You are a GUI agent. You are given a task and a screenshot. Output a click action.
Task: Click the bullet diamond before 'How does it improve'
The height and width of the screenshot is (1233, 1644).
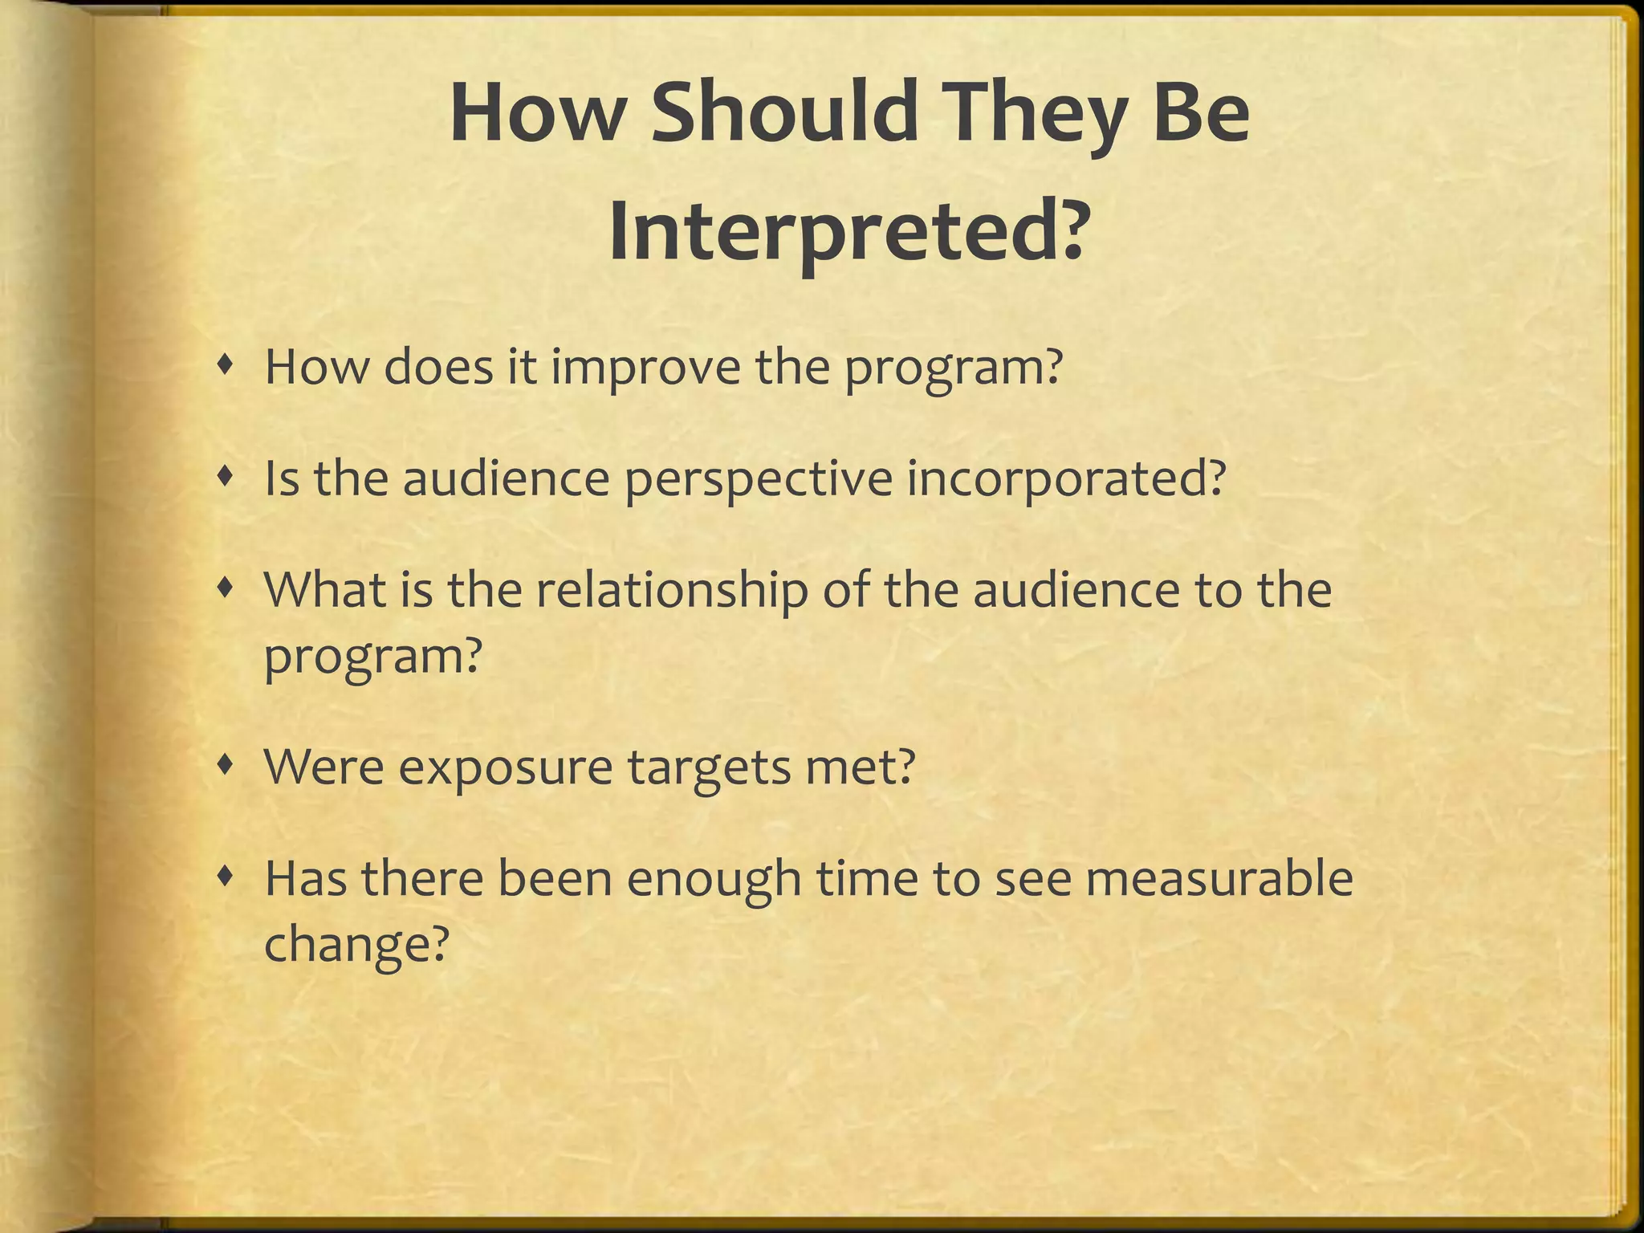tap(227, 367)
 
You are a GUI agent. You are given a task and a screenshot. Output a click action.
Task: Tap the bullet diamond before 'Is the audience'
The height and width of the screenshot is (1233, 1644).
tap(227, 478)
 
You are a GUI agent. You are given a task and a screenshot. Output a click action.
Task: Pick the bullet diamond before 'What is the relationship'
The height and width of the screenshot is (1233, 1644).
tap(227, 589)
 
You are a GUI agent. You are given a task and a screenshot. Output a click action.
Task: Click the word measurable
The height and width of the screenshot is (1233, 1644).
tap(1219, 878)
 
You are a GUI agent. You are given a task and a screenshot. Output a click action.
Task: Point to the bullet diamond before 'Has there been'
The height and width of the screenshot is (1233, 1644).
tap(227, 877)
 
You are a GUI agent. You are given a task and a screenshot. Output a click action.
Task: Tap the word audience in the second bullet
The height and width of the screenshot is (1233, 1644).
tap(506, 478)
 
